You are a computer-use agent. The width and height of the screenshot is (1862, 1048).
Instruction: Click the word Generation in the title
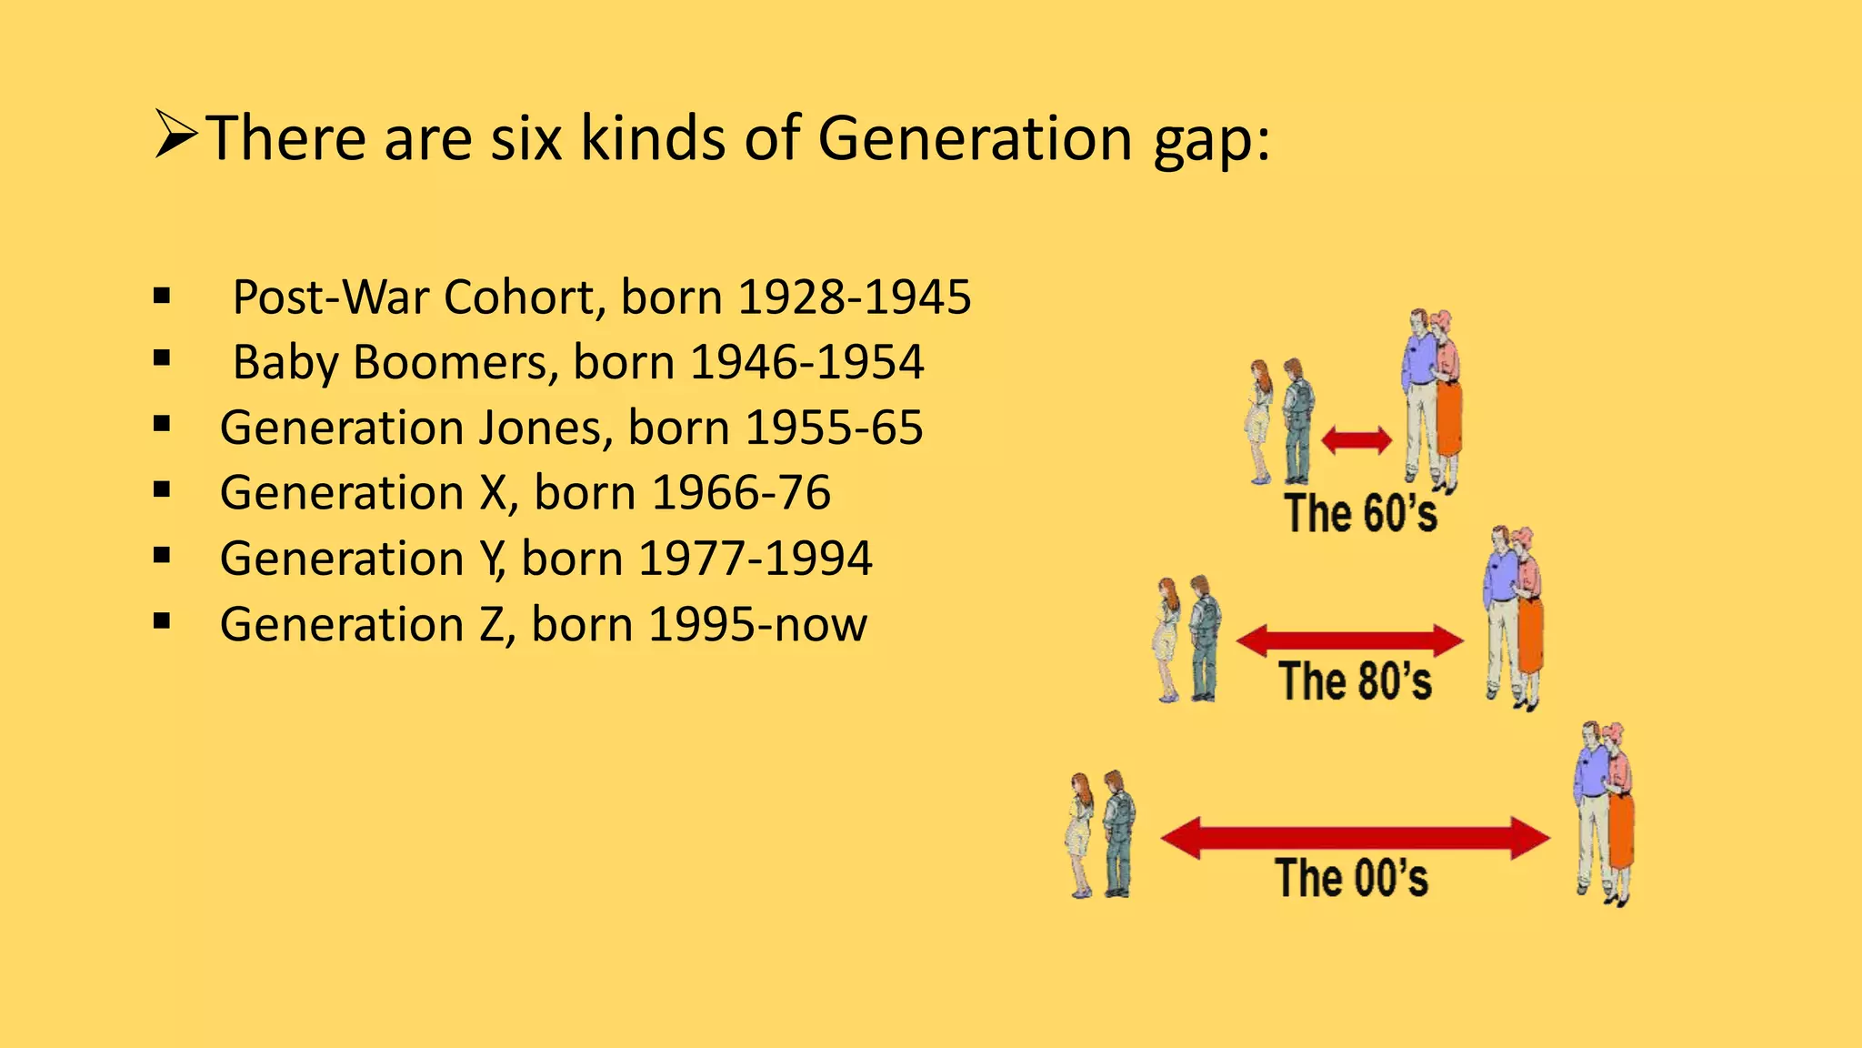click(x=976, y=138)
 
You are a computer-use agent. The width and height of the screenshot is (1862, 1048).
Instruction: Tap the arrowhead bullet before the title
click(x=175, y=136)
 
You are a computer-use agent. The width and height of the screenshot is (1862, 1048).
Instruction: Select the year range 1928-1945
click(x=854, y=297)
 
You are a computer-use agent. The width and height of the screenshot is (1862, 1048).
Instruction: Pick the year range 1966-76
click(x=741, y=493)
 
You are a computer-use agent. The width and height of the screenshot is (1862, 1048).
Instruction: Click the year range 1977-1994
click(x=755, y=559)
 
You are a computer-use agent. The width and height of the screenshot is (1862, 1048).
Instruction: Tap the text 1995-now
click(x=757, y=625)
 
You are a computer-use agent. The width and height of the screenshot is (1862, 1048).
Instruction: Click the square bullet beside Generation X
click(x=163, y=491)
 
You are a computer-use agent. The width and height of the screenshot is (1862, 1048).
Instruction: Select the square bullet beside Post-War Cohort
click(x=163, y=296)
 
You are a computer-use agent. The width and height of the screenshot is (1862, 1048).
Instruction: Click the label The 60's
click(x=1360, y=513)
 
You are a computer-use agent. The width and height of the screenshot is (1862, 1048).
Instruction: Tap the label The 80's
click(x=1355, y=681)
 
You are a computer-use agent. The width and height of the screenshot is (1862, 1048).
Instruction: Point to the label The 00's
click(x=1351, y=878)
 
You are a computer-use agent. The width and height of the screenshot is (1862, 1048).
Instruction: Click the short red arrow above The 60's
click(x=1356, y=441)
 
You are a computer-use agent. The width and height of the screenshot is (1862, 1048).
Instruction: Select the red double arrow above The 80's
click(x=1350, y=640)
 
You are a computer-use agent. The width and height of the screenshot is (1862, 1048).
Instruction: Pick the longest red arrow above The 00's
click(x=1355, y=838)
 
